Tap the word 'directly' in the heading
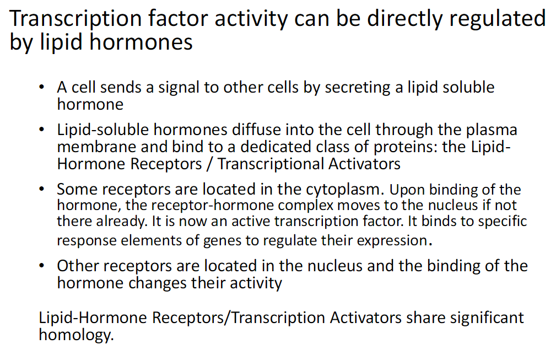click(404, 18)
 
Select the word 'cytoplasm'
click(342, 190)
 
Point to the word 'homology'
click(75, 335)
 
